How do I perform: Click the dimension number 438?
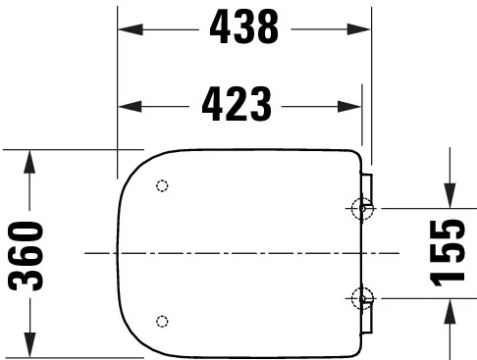(243, 30)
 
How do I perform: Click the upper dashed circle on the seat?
(163, 185)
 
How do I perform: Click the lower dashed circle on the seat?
(163, 320)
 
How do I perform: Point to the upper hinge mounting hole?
(361, 207)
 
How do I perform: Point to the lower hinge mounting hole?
(361, 298)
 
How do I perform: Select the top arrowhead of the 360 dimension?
(29, 158)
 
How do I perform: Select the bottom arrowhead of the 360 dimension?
(29, 349)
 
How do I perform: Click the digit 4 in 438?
(218, 30)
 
